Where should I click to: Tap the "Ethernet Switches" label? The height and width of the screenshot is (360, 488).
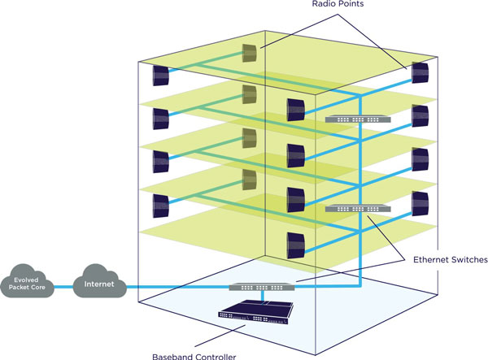pyautogui.click(x=448, y=261)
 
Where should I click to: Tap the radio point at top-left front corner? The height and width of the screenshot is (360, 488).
pyautogui.click(x=160, y=76)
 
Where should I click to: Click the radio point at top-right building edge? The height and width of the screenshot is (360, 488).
pyautogui.click(x=420, y=72)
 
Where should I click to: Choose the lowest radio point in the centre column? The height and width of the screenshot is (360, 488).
pyautogui.click(x=294, y=242)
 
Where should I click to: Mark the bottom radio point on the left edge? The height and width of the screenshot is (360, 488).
pyautogui.click(x=160, y=202)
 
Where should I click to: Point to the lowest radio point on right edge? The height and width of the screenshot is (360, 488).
pyautogui.click(x=420, y=202)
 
